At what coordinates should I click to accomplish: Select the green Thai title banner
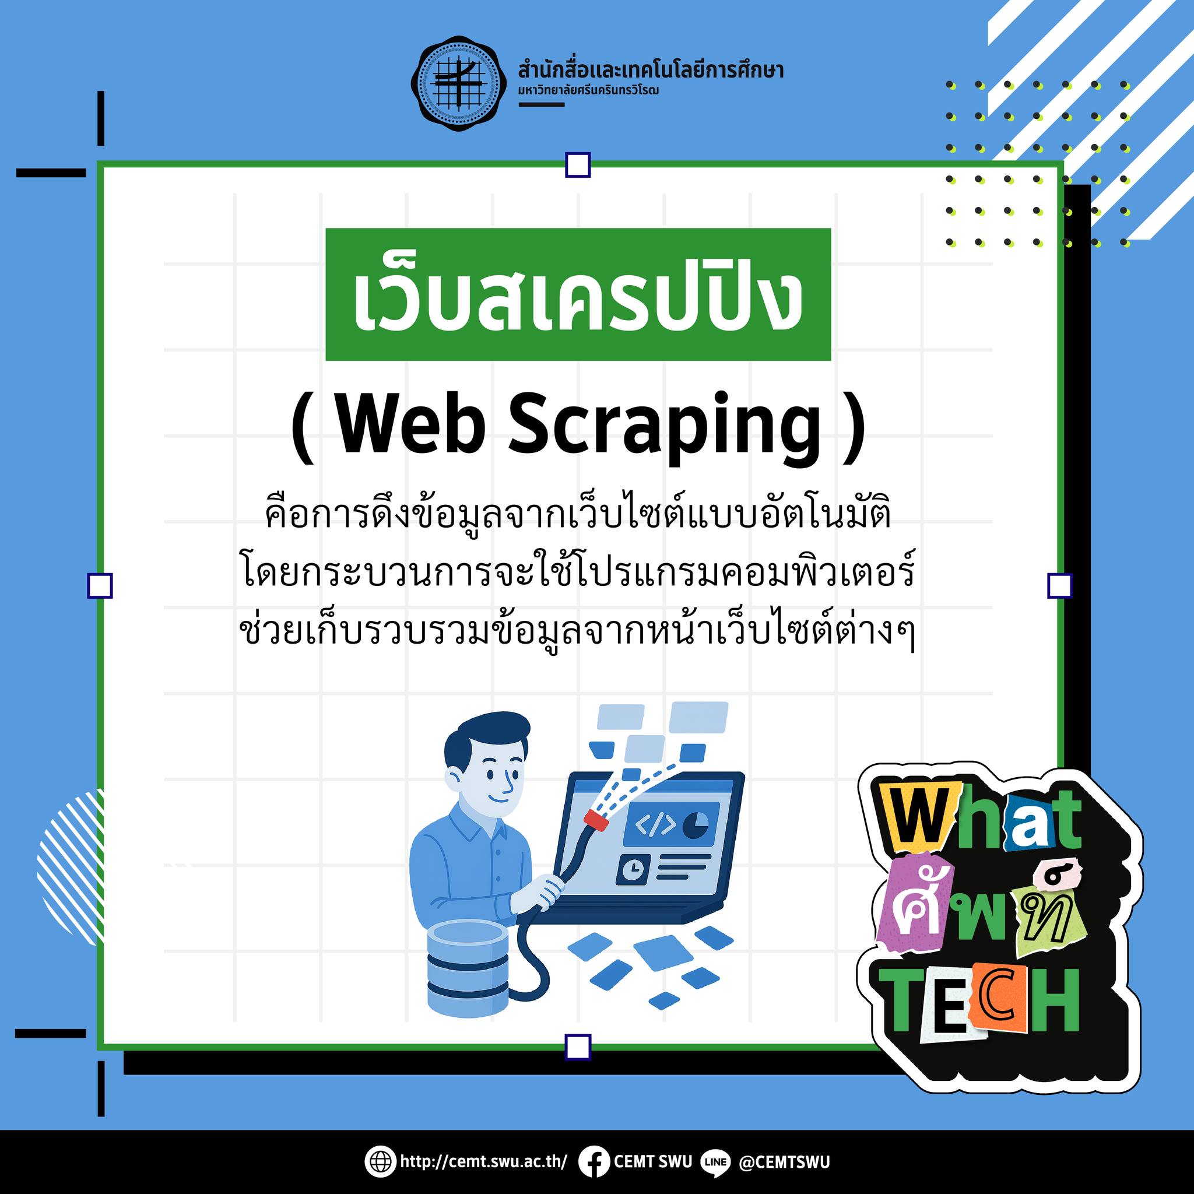click(578, 294)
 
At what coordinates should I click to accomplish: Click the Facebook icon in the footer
click(594, 1161)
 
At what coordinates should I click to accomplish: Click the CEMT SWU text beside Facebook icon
click(652, 1161)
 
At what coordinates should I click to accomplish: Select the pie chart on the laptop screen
click(697, 824)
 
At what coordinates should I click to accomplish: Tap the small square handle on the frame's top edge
click(578, 166)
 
